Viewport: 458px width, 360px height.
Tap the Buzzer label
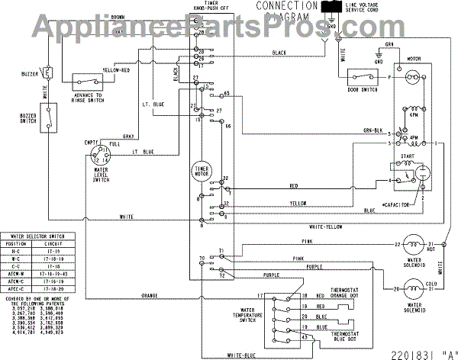(30, 75)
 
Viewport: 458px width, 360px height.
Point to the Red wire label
(293, 185)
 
